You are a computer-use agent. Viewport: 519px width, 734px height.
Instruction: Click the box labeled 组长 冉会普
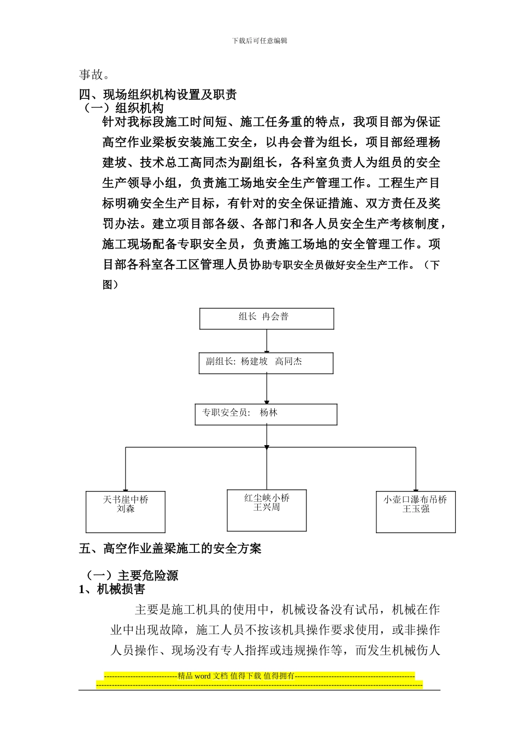click(267, 318)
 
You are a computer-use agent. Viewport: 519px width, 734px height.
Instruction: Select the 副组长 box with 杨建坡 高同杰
click(266, 363)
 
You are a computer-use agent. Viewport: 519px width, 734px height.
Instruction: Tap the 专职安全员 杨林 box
click(266, 415)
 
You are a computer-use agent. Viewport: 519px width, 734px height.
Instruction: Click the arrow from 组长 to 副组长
click(267, 341)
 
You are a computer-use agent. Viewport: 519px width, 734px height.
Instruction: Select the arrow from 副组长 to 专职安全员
click(267, 389)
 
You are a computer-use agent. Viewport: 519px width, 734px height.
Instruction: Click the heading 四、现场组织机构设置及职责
click(158, 94)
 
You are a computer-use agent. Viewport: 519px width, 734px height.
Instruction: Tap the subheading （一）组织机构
click(124, 108)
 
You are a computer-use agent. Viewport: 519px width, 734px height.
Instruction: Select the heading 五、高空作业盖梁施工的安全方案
click(170, 548)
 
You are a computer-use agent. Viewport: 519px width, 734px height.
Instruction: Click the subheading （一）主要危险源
click(132, 576)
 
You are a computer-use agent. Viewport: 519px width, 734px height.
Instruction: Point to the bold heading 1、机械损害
click(112, 589)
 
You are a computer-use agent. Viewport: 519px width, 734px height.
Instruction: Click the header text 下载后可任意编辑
click(259, 40)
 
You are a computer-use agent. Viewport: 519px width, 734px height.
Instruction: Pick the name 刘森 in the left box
click(126, 509)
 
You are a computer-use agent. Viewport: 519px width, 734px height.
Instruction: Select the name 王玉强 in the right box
click(416, 509)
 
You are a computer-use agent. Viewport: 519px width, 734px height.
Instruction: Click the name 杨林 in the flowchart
click(269, 413)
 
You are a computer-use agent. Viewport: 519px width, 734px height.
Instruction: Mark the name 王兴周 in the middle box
click(267, 507)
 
